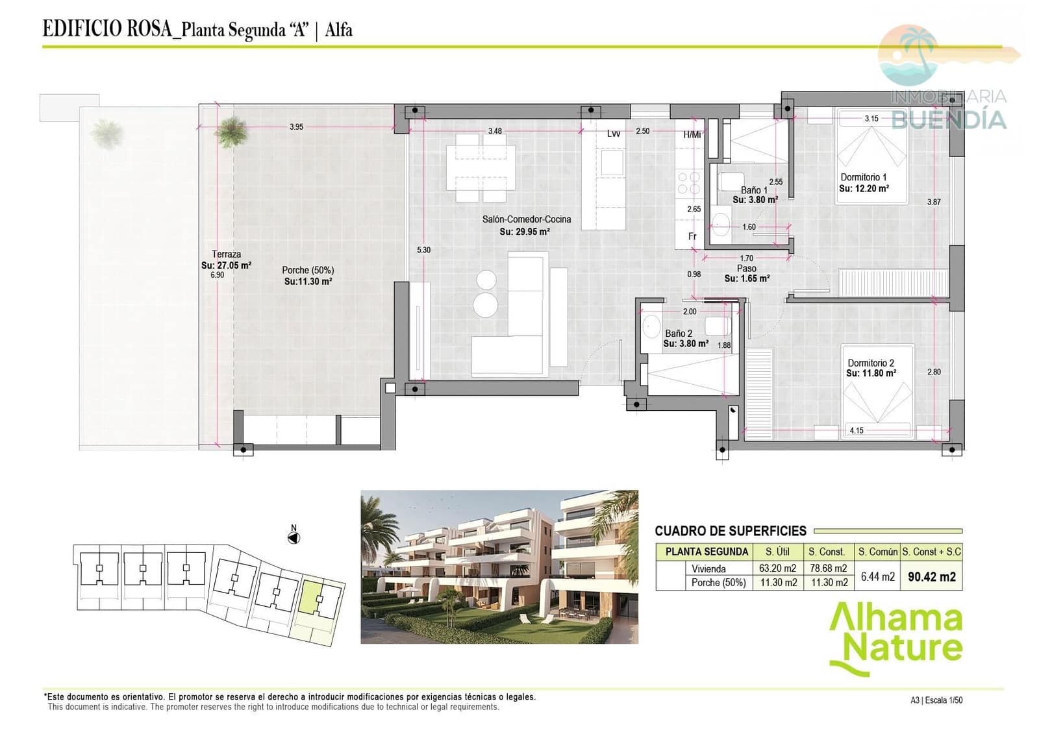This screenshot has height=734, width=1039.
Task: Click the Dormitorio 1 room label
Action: [863, 177]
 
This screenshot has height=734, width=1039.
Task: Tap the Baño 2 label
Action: [678, 333]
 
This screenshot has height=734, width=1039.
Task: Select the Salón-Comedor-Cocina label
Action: [526, 219]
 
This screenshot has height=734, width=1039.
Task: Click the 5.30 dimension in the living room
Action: [423, 250]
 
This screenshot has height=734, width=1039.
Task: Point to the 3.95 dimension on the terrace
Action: [296, 127]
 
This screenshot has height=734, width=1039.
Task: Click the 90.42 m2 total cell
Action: [931, 576]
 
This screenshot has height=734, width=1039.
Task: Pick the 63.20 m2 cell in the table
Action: [777, 569]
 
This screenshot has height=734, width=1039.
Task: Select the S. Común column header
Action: [877, 552]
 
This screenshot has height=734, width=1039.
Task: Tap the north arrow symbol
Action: [294, 537]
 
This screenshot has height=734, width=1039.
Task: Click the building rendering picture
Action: [499, 567]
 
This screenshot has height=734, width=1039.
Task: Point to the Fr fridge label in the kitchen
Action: [692, 236]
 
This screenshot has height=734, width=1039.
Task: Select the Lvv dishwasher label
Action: [613, 134]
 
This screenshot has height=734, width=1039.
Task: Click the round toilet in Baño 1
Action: [720, 226]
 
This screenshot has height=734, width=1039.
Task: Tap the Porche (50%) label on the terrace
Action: [308, 270]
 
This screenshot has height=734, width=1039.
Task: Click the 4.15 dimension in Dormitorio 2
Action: [857, 430]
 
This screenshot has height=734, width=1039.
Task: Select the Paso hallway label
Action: [746, 268]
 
